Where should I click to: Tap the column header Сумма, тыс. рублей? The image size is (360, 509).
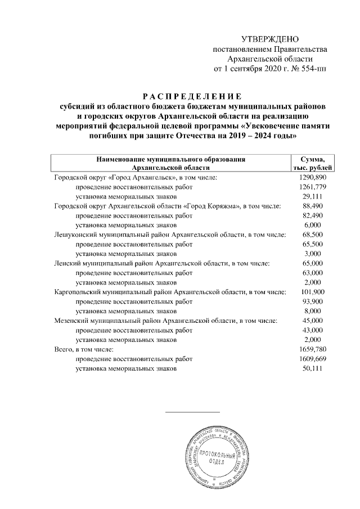313,163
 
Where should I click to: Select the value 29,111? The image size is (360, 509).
313,196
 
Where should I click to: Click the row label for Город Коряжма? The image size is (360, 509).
167,206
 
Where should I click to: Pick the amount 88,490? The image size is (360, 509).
313,206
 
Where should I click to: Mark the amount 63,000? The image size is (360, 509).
313,273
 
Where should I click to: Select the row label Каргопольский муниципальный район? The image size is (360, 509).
170,292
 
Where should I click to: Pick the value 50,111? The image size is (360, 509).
313,368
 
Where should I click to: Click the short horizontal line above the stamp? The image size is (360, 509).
193,413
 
